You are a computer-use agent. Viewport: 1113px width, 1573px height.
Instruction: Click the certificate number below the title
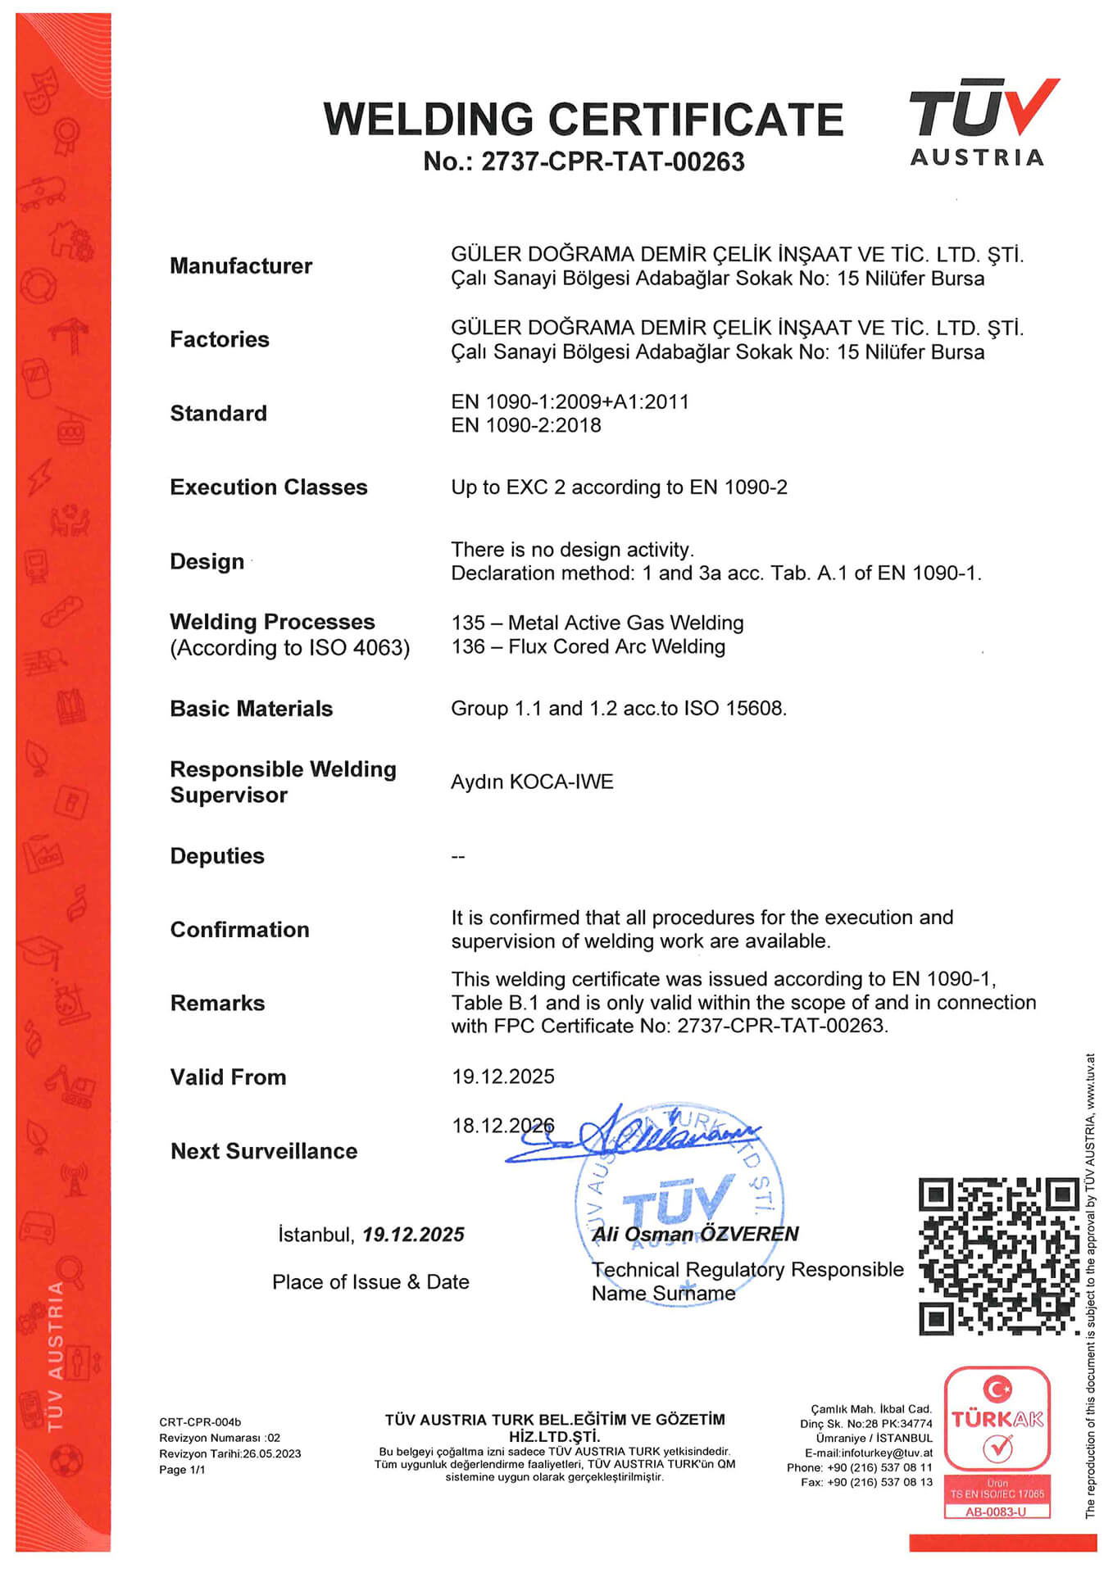point(584,161)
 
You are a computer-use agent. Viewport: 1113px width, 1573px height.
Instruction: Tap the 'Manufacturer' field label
point(240,266)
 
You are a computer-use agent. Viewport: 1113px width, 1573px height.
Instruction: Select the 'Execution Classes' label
point(268,487)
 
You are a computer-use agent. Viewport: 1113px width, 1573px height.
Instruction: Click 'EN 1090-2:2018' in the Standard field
point(525,425)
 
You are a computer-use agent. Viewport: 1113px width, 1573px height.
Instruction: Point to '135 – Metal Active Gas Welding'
point(597,623)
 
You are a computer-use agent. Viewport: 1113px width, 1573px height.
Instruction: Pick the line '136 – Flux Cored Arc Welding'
point(588,646)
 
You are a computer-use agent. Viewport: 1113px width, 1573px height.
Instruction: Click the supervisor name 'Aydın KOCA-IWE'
point(532,782)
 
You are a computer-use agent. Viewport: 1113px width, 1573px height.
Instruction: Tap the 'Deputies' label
point(217,856)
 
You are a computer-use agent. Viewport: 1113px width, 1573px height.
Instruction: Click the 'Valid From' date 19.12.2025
point(502,1077)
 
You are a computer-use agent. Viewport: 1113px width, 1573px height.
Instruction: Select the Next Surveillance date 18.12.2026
point(502,1126)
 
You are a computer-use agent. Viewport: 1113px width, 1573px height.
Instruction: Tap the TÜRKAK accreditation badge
point(997,1442)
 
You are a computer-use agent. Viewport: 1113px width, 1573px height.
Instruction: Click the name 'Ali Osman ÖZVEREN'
point(695,1234)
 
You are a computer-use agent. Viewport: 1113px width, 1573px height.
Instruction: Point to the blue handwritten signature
point(631,1136)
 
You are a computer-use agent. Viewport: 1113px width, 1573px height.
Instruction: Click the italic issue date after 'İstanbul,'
point(413,1235)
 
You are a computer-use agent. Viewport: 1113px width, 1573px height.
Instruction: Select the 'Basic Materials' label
point(251,709)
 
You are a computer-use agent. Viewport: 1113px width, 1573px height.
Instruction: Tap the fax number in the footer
point(879,1482)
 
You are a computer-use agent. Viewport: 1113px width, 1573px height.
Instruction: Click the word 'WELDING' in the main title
point(429,120)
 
